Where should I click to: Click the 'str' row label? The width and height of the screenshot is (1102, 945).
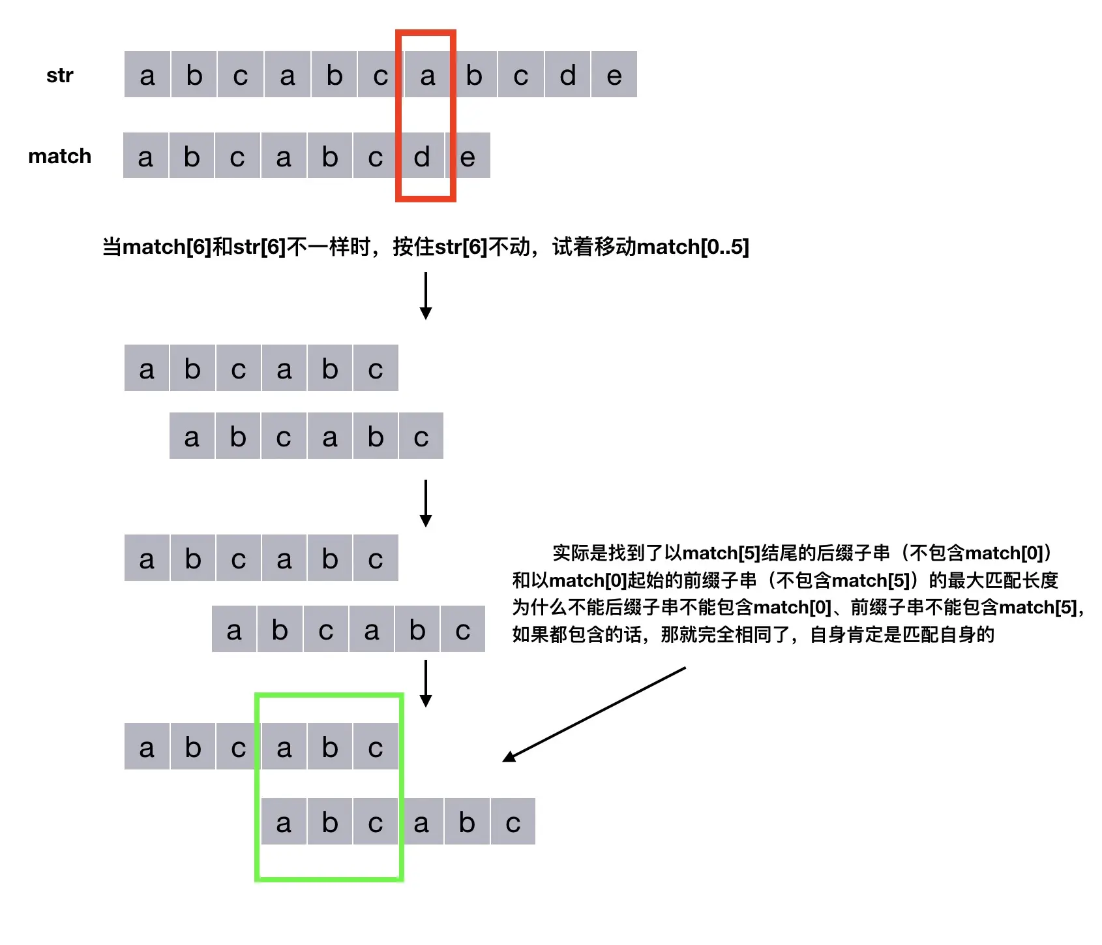click(x=59, y=75)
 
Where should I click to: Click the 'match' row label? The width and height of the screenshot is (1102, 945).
click(x=59, y=156)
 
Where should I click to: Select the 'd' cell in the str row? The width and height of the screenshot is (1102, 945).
click(x=567, y=75)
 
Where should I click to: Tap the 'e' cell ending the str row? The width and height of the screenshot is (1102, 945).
click(x=614, y=75)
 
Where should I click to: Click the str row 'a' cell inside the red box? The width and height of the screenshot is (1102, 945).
click(x=427, y=75)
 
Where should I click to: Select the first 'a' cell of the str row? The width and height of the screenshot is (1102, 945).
click(x=147, y=75)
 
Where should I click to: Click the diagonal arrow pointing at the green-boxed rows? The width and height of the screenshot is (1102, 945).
click(x=593, y=715)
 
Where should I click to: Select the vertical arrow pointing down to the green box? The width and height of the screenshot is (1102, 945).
click(x=426, y=683)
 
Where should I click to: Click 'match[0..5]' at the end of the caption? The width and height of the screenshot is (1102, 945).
click(x=692, y=247)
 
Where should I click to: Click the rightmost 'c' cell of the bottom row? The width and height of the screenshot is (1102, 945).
click(x=513, y=822)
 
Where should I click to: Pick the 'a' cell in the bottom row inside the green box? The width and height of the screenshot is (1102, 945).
click(x=284, y=822)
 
